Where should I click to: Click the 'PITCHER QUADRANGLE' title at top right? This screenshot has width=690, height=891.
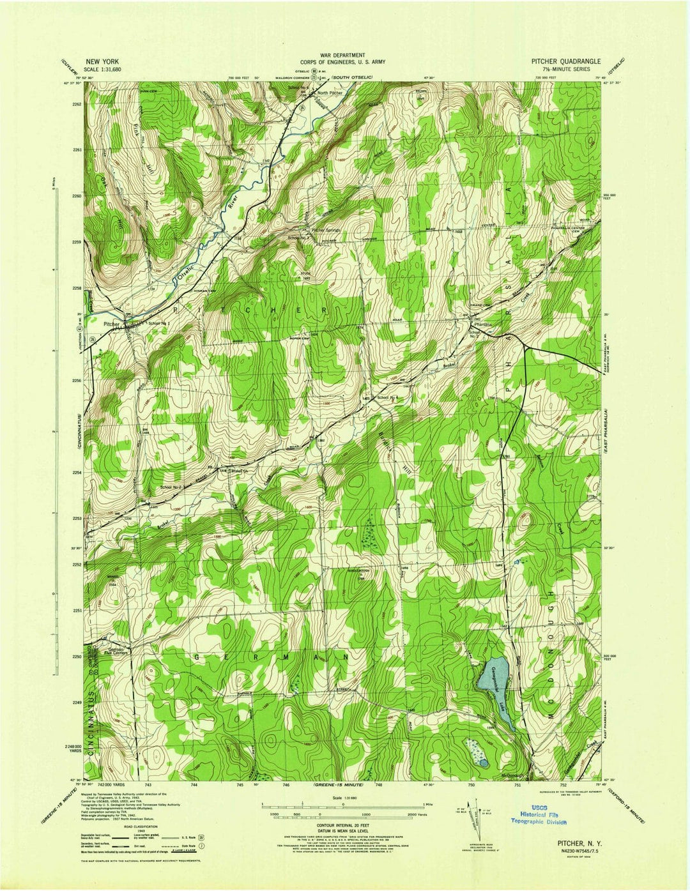click(x=565, y=61)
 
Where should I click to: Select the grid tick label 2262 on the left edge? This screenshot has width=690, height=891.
click(x=77, y=103)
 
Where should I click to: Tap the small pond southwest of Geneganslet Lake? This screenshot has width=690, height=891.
click(x=484, y=763)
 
